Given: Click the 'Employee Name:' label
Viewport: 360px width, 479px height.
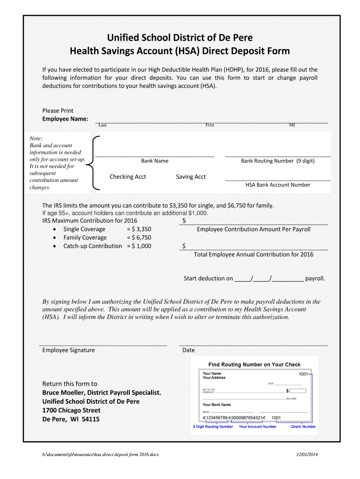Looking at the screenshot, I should (65, 119).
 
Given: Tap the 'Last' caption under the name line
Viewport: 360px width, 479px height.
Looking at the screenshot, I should (102, 125).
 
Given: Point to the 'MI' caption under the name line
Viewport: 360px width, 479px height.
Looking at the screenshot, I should (292, 125).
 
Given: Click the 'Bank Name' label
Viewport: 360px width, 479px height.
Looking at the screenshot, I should (155, 161).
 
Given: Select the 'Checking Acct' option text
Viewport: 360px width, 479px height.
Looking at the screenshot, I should (128, 177).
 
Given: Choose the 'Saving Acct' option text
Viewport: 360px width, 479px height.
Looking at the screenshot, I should (191, 177).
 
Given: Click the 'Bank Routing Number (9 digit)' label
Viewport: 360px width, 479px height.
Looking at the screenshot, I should (278, 161).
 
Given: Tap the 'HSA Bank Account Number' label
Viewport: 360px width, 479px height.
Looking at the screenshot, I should (278, 185).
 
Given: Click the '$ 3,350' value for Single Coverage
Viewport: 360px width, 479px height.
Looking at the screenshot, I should (141, 229).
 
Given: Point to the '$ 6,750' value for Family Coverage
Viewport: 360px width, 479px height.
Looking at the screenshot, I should (141, 238).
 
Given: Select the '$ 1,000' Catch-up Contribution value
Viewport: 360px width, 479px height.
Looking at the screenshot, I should (141, 246).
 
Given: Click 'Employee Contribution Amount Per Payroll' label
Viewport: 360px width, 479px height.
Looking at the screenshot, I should (253, 229).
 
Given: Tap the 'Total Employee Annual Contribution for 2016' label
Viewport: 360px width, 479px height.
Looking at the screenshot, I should (253, 254).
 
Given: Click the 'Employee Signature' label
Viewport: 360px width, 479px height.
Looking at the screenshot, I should (69, 350).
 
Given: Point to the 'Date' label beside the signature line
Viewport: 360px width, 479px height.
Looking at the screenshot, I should (188, 350).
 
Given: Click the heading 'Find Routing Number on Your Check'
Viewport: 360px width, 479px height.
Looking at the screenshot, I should (254, 364).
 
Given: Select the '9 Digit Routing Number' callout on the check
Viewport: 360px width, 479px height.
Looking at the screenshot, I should (213, 427).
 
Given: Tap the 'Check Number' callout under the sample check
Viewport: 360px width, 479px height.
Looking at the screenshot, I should (303, 427).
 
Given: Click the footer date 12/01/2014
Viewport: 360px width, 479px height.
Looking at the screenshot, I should (307, 455).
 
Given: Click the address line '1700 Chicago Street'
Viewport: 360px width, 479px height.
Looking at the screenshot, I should (72, 410).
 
